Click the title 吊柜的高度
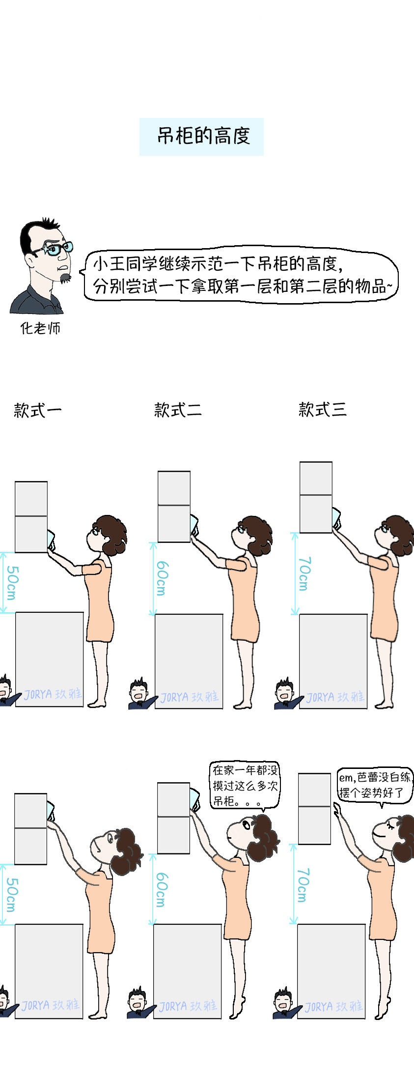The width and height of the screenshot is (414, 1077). click(x=203, y=136)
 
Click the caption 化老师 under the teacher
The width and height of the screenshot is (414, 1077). click(x=40, y=328)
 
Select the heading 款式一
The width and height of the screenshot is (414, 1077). click(x=38, y=410)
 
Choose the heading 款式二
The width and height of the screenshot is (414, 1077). click(x=178, y=409)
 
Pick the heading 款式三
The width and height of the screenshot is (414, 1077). click(x=322, y=409)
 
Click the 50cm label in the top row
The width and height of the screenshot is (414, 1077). click(x=12, y=583)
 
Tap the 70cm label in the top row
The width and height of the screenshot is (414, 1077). click(x=304, y=574)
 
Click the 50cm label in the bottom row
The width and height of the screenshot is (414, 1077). click(x=11, y=895)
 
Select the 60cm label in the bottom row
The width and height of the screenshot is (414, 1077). click(x=161, y=890)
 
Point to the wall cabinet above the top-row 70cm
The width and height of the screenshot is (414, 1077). click(x=316, y=497)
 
